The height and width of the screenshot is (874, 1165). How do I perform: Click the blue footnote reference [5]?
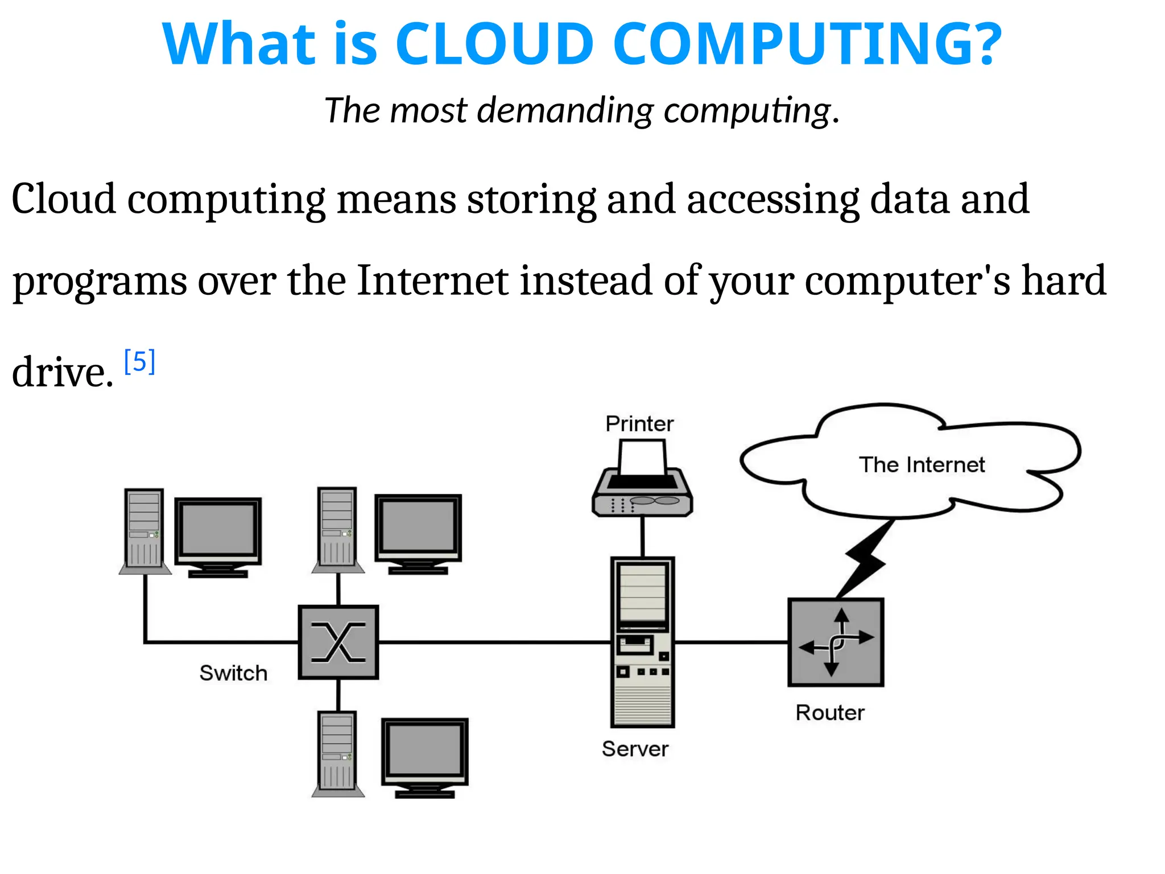(139, 362)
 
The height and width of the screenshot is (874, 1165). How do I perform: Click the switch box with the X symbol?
(338, 642)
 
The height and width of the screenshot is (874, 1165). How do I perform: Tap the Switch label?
(233, 673)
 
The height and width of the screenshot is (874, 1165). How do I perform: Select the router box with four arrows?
(836, 642)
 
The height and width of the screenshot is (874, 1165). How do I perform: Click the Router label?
(830, 713)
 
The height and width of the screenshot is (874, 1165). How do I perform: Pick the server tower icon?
(643, 642)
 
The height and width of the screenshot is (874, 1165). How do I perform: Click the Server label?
(635, 749)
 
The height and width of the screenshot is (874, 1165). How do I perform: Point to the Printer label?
(639, 424)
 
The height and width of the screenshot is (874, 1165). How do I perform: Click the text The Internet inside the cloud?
(922, 465)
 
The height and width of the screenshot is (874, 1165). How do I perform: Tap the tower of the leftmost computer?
(144, 529)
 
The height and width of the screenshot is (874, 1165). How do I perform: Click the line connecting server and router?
(731, 642)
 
